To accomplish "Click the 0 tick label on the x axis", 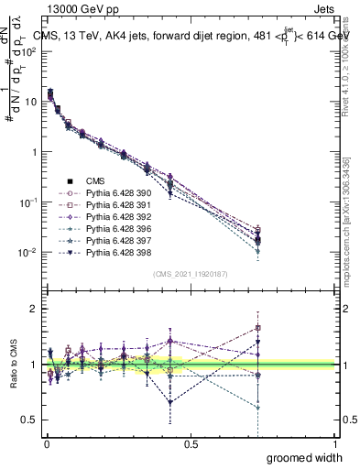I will coord(46,444).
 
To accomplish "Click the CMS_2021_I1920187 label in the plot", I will coord(191,274).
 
